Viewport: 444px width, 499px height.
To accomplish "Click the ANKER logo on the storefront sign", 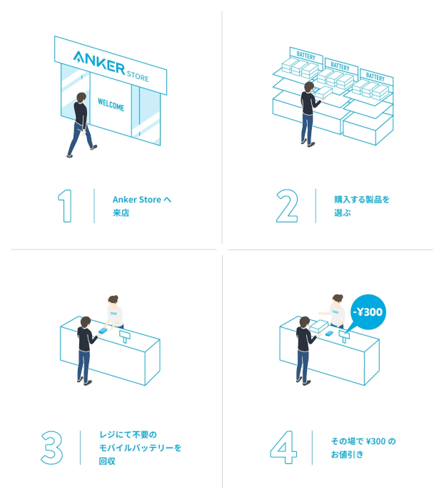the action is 99,63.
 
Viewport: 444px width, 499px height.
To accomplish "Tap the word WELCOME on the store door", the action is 111,104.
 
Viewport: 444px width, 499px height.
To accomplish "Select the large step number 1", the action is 65,206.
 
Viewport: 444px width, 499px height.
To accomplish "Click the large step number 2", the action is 287,206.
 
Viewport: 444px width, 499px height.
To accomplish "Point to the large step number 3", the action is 51,448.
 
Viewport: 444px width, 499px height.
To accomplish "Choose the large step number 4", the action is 283,448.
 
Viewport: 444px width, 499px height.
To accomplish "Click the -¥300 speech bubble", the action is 368,312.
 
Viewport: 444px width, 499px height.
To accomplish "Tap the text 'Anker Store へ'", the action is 142,200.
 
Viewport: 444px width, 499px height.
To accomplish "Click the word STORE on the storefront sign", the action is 138,76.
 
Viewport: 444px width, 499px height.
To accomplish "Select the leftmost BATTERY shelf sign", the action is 306,56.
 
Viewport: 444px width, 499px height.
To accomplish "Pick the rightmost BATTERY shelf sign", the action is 375,77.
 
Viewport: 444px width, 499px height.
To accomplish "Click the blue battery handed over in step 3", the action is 103,331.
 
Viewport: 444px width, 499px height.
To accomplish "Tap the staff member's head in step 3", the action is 113,300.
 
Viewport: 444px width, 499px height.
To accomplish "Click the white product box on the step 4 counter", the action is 319,326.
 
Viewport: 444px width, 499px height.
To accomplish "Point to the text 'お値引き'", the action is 347,455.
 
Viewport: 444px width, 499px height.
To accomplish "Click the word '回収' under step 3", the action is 107,461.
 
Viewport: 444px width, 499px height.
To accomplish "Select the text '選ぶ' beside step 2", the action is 343,213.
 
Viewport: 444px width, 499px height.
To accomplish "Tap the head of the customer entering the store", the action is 81,98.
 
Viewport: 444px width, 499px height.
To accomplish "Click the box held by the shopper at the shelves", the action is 323,93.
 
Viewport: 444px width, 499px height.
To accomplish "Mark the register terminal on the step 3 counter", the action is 125,336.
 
